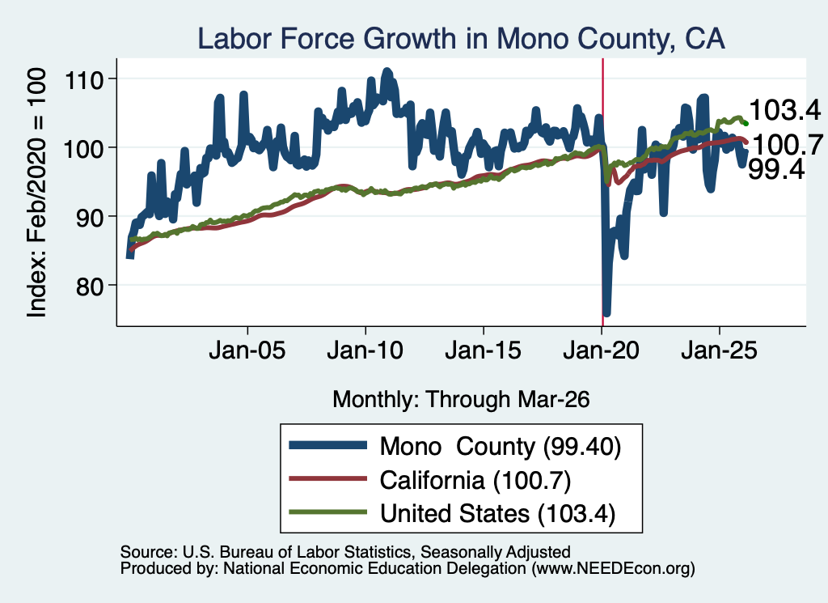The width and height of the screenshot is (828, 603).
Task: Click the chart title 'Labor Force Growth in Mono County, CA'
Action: [461, 39]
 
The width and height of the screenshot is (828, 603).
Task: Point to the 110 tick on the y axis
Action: [83, 80]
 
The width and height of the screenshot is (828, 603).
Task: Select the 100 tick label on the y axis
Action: [83, 149]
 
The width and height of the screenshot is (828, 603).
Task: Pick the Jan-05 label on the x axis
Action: [247, 350]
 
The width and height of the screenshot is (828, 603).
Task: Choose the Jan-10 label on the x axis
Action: [365, 350]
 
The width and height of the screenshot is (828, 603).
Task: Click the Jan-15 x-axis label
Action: [484, 350]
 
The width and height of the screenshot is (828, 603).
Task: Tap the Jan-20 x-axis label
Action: [602, 350]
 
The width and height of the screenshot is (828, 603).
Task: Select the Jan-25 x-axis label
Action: [719, 350]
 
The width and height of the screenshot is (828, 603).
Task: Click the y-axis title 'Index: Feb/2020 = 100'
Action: [36, 193]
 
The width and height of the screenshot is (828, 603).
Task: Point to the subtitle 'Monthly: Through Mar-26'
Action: [461, 400]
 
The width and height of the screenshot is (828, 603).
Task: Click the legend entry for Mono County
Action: [455, 447]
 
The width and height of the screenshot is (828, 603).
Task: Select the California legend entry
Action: [430, 481]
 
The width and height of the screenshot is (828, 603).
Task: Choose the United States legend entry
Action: [453, 514]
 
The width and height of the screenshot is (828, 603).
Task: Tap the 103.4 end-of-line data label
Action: [784, 110]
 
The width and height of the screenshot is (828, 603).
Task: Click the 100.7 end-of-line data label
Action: [788, 144]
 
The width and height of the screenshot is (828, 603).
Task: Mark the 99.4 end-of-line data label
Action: [776, 169]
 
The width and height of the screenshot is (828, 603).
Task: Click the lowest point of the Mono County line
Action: [606, 314]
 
